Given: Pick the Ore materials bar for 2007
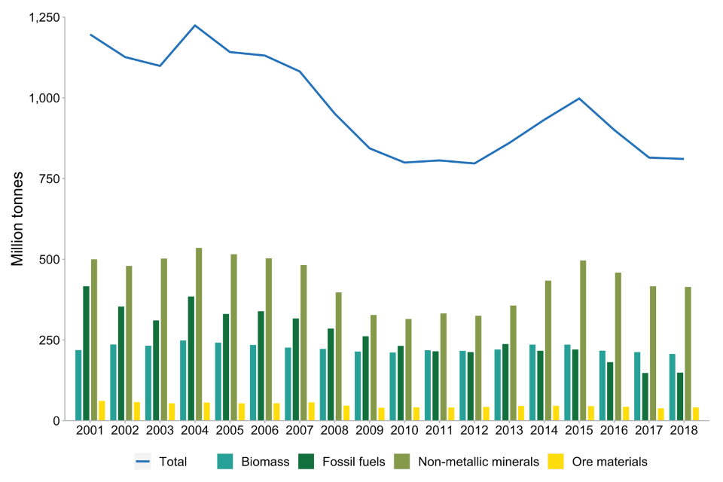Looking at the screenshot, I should point(311,411).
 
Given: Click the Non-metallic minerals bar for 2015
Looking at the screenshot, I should point(583,340).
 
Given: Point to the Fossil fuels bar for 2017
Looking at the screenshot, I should point(645,397).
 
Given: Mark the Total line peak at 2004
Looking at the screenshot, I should point(195,26).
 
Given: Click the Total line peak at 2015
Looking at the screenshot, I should point(579,99).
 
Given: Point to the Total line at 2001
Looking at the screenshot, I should point(90,35).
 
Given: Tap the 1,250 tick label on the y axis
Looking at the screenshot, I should point(43,17).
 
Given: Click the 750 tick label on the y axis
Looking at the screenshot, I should point(50,178).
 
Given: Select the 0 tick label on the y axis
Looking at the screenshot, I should point(56,420).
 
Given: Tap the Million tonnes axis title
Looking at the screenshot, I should point(17,218).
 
